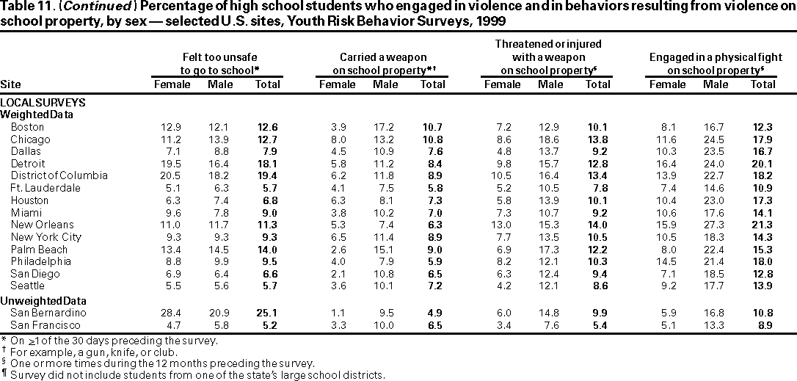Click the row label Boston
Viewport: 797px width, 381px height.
click(26, 127)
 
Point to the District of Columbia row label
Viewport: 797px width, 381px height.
click(59, 175)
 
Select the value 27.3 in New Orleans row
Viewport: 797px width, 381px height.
click(716, 225)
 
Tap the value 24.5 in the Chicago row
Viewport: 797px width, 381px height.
click(716, 139)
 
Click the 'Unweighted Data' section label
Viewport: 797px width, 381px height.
click(38, 301)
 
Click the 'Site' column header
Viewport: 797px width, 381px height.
click(11, 84)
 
